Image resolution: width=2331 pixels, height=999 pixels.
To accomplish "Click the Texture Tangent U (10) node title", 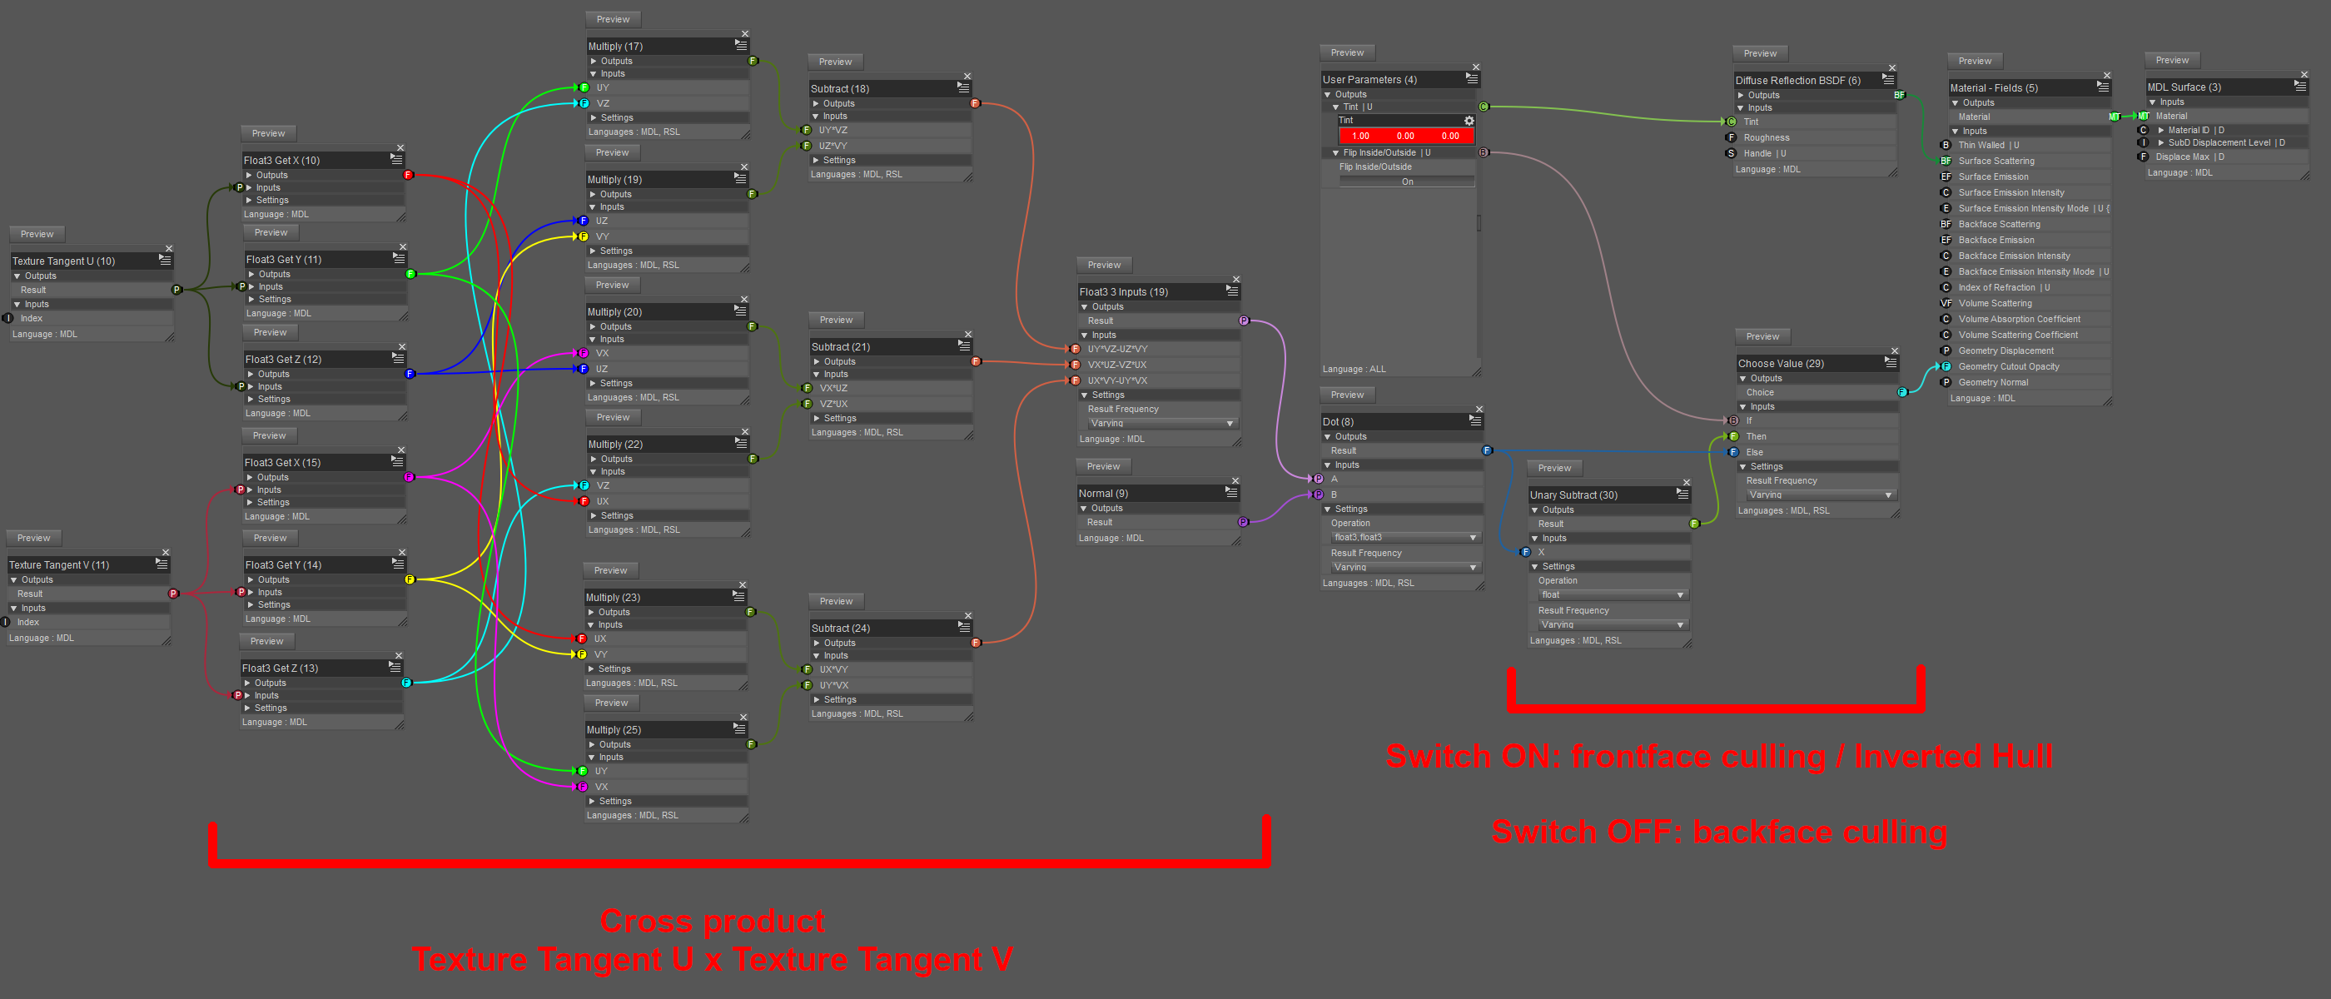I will coord(64,261).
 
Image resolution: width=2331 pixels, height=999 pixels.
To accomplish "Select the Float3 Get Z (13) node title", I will coord(281,668).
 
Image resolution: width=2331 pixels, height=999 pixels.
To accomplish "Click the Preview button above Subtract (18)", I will coord(835,62).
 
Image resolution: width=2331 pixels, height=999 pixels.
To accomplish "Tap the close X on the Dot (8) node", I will coord(1479,409).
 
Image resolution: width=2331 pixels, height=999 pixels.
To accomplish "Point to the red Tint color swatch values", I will coord(1405,136).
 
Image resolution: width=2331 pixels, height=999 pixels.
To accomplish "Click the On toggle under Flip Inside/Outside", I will coord(1407,181).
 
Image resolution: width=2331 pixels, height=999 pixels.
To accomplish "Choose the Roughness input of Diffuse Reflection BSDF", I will coord(1767,137).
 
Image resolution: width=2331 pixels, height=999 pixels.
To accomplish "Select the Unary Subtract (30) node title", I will coord(1573,495).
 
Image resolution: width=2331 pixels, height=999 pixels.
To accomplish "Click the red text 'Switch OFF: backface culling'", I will coord(1718,832).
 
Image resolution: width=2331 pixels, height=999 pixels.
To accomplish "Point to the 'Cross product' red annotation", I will coord(712,922).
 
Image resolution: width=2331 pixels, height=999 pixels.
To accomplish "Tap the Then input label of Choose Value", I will coord(1757,436).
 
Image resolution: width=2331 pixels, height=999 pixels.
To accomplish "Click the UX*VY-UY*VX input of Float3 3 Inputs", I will coord(1117,381).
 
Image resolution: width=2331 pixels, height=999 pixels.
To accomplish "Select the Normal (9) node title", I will coord(1103,493).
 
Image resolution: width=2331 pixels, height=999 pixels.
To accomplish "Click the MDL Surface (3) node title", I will coord(2184,87).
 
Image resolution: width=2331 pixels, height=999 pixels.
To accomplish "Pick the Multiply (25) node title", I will coord(614,729).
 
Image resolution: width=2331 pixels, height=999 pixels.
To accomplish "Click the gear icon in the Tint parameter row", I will coord(1469,121).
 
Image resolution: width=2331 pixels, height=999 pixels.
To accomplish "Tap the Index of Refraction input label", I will coord(1997,288).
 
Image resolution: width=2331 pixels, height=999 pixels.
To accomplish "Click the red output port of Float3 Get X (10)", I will coord(408,175).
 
